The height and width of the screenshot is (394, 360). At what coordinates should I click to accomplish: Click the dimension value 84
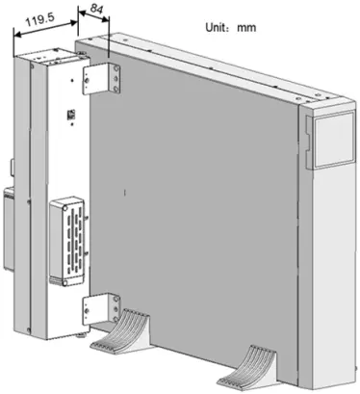(x=95, y=11)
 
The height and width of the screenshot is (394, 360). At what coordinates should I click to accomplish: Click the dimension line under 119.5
(x=43, y=28)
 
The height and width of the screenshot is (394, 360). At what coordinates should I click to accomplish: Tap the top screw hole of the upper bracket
(x=96, y=70)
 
